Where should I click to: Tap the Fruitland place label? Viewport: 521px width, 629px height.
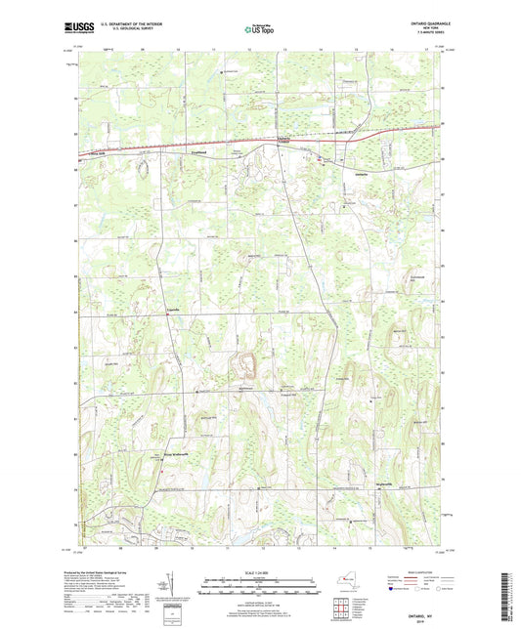click(201, 151)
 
